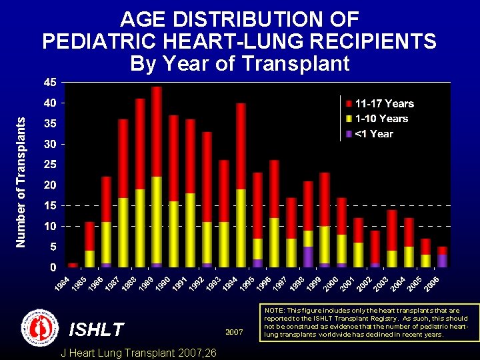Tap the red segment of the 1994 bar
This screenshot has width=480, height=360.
pos(241,146)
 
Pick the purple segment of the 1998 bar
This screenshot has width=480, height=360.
pos(308,257)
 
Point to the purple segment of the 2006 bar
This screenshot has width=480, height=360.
pos(443,260)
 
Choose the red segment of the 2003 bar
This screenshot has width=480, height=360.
pos(392,230)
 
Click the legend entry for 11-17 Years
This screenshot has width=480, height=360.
pos(384,103)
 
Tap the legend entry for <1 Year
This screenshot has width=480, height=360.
pos(374,134)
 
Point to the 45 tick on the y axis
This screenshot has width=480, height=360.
pos(49,83)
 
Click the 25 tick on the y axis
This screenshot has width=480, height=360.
pos(49,165)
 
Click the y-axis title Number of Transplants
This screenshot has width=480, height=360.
pos(21,182)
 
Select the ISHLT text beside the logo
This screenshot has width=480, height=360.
pos(97,329)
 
